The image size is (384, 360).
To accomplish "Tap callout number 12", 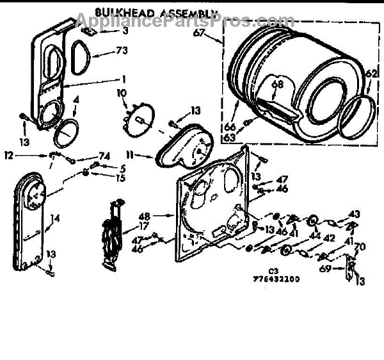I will (x=8, y=155).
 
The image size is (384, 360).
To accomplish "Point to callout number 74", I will (x=104, y=156).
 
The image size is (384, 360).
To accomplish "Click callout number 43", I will (x=354, y=213).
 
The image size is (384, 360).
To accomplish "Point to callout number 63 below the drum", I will (x=228, y=137).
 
